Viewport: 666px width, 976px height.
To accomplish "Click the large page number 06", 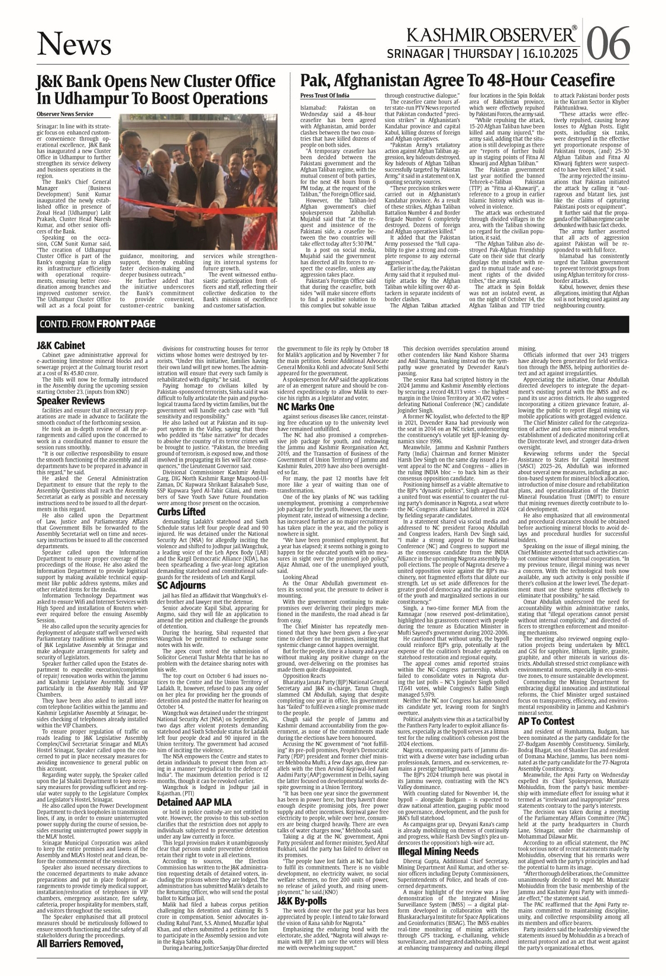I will [608, 43].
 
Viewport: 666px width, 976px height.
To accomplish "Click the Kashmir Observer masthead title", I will [484, 36].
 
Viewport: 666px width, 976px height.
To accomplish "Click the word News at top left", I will [74, 44].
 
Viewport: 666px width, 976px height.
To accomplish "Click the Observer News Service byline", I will [64, 114].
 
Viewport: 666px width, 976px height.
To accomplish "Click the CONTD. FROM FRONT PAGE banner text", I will [98, 324].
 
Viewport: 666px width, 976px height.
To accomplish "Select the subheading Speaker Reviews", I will [71, 401].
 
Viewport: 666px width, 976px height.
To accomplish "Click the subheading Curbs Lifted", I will [181, 512].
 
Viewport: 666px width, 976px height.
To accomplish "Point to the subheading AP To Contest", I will [546, 721].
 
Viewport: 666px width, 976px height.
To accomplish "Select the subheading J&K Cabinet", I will [61, 345].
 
